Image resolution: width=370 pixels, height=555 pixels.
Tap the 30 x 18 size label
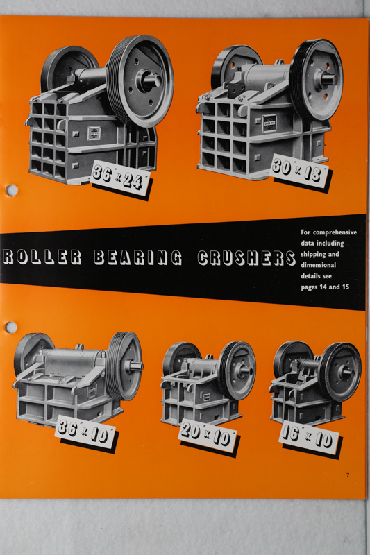click(300, 171)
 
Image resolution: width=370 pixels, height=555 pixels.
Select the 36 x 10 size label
click(85, 432)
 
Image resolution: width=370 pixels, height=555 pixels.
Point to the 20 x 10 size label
click(208, 436)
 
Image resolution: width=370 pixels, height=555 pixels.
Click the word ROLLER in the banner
click(42, 257)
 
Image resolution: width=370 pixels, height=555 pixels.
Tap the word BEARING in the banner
click(138, 257)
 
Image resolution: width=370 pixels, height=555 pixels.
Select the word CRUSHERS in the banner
click(246, 257)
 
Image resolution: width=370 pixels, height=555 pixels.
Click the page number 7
click(348, 475)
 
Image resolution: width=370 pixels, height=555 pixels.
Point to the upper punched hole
click(12, 190)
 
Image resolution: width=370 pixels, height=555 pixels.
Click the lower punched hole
click(11, 327)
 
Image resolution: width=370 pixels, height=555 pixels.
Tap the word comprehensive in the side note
click(335, 233)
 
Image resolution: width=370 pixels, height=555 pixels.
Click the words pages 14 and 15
click(325, 287)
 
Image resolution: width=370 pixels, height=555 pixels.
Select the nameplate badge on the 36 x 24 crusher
click(94, 133)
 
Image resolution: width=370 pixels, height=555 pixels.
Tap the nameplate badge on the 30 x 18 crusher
click(269, 123)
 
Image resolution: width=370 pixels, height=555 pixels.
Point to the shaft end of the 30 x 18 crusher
click(330, 79)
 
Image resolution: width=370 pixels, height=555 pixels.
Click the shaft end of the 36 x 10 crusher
click(137, 366)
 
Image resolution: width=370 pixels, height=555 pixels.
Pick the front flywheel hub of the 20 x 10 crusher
click(245, 371)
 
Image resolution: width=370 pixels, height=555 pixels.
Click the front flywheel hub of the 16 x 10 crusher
click(346, 373)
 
